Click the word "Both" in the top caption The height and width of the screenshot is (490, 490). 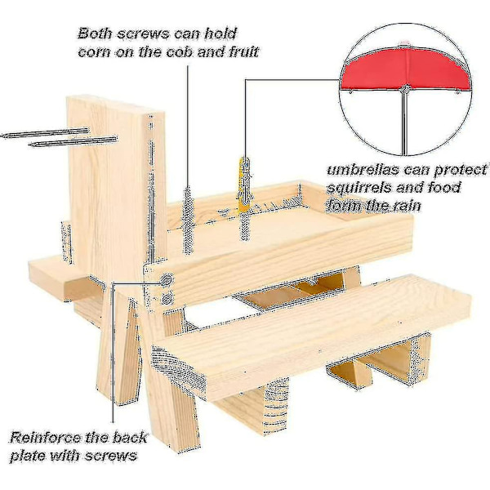[x=95, y=33]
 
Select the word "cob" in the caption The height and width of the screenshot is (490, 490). [x=179, y=51]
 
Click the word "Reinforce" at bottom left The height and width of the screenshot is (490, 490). [x=46, y=438]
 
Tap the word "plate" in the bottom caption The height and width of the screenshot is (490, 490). [x=28, y=456]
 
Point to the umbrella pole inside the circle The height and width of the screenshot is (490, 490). [x=404, y=122]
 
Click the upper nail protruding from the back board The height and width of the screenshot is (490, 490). [x=45, y=133]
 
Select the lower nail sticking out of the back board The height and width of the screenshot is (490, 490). [x=73, y=141]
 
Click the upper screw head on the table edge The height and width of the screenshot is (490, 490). [x=167, y=279]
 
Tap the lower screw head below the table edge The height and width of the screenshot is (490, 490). [x=167, y=298]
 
